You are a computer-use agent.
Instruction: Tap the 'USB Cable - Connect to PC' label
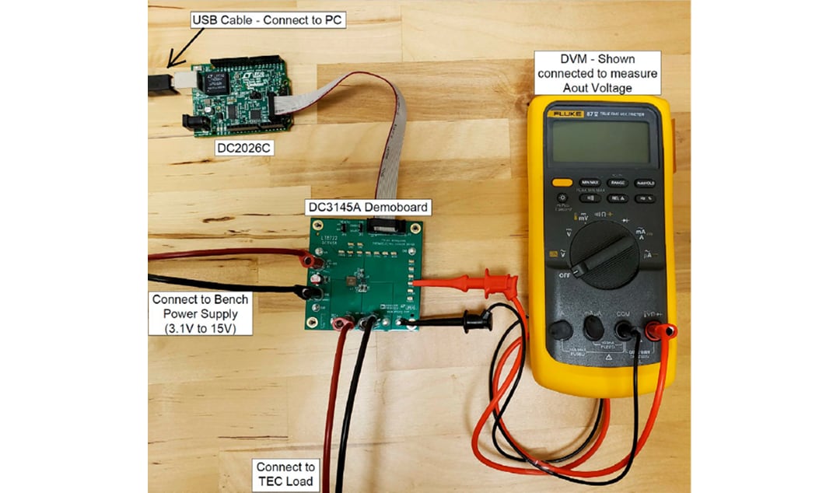click(x=268, y=20)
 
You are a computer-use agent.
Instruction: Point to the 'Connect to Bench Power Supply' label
click(x=201, y=313)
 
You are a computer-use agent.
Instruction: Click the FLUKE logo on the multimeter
click(x=562, y=114)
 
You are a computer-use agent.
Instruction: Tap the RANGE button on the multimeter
click(x=616, y=183)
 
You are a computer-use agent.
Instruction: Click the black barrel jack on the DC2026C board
click(x=192, y=122)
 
